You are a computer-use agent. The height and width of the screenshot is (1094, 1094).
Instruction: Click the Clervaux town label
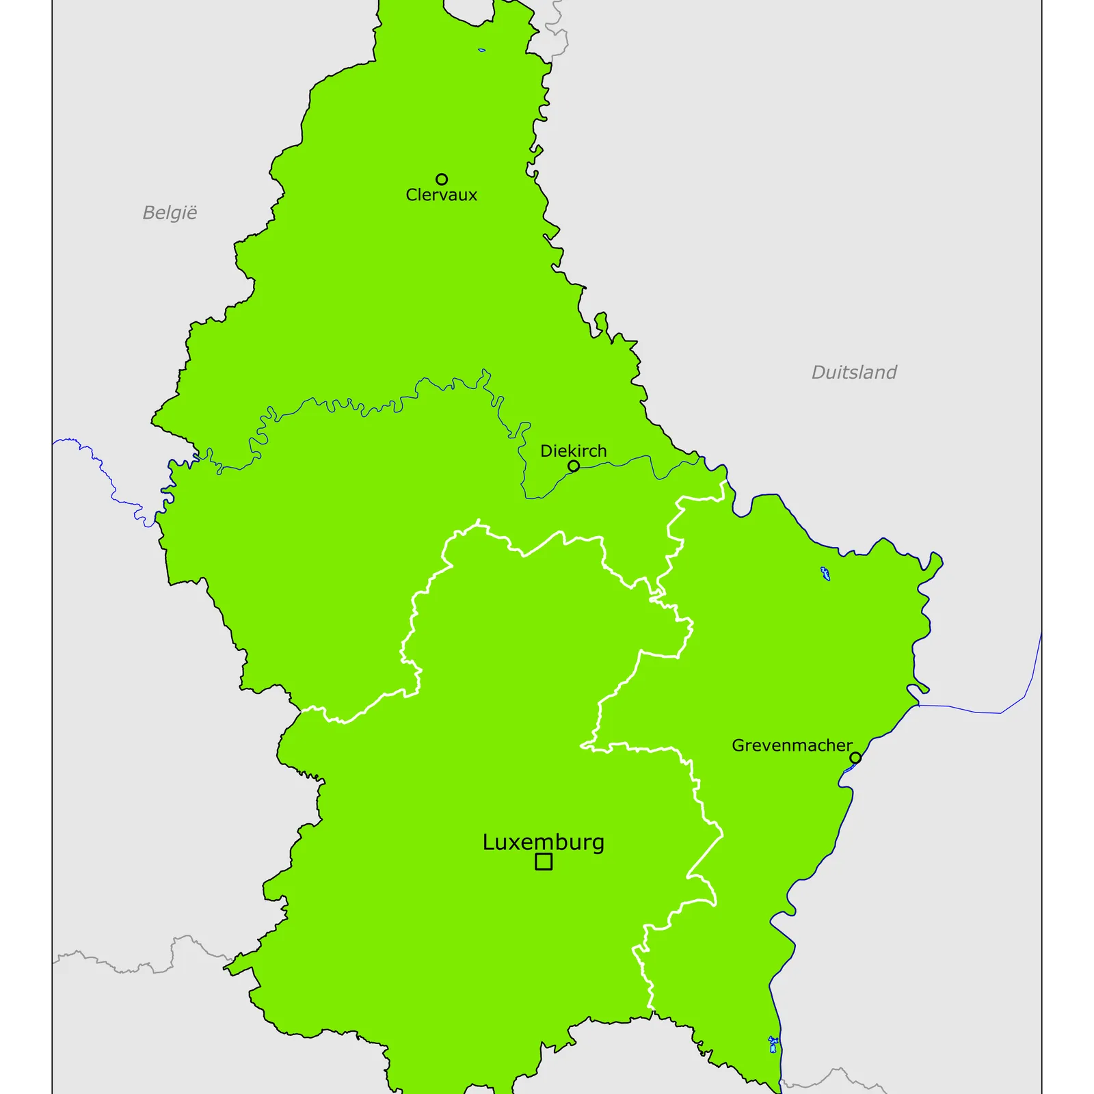(x=441, y=196)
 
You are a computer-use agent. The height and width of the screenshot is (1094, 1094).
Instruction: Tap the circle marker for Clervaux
(x=442, y=179)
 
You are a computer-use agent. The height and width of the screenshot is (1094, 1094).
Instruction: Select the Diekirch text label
(x=573, y=451)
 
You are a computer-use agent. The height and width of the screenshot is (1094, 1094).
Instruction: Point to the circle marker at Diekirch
(x=574, y=466)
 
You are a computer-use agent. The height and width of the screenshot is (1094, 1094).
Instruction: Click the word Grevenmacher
(x=792, y=745)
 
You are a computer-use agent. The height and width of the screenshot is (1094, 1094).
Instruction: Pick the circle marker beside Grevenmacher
(x=855, y=758)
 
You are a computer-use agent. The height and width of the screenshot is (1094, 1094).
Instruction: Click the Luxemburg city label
(x=543, y=842)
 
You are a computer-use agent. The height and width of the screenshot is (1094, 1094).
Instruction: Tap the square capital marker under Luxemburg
(x=544, y=862)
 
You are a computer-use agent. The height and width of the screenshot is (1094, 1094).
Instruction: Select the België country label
(x=170, y=213)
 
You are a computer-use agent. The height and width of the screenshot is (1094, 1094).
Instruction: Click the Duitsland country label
(x=854, y=373)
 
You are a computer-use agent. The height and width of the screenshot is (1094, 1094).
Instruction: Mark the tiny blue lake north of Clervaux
(x=482, y=50)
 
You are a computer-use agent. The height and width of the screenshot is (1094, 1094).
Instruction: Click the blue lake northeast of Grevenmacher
(x=825, y=574)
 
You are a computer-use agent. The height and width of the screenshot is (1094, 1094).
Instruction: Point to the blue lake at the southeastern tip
(x=773, y=1045)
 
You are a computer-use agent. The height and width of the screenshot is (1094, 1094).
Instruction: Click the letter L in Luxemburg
(x=488, y=842)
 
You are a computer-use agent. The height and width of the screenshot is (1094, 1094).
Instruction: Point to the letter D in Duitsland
(x=818, y=373)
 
